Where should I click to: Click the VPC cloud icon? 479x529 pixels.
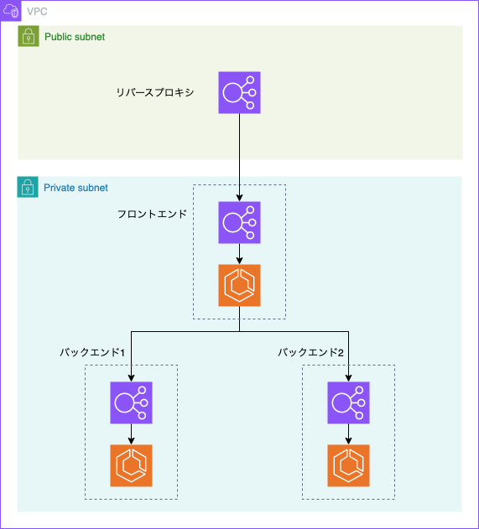(11, 11)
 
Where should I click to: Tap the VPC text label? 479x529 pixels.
(37, 12)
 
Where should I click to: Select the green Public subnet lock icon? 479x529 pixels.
(29, 36)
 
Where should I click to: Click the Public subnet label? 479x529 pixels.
(75, 37)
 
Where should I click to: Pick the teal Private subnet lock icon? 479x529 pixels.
(28, 187)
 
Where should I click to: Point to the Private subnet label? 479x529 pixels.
(76, 188)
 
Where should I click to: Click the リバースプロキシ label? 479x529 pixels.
(155, 92)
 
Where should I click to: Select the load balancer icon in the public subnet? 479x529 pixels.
(239, 92)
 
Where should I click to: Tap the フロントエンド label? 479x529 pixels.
(152, 214)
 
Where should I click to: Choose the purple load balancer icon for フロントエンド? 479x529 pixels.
(239, 223)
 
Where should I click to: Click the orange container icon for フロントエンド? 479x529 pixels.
(239, 285)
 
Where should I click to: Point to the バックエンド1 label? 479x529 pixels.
(92, 353)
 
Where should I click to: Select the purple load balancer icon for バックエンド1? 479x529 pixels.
(132, 402)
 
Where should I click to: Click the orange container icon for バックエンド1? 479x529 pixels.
(132, 465)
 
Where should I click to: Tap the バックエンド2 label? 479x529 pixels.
(310, 353)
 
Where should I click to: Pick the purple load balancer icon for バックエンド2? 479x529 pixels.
(348, 402)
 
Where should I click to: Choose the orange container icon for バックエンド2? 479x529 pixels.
(348, 465)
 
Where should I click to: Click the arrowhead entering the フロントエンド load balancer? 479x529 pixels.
(239, 198)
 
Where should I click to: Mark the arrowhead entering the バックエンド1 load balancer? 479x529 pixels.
(132, 378)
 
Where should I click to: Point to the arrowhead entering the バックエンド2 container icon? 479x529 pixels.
(348, 441)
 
